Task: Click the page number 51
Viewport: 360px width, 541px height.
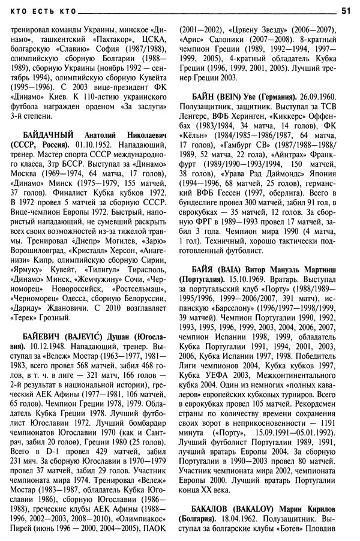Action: [x=346, y=10]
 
